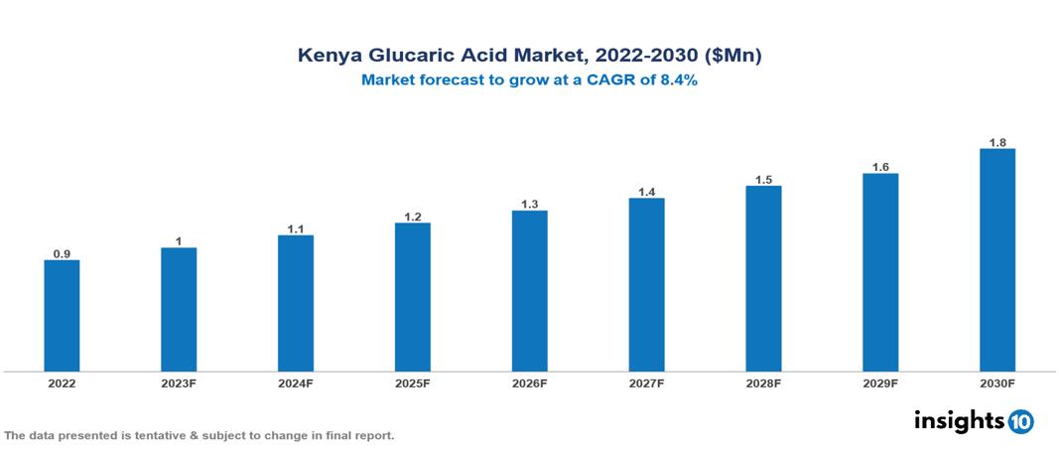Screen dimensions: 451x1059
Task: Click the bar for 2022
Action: [62, 316]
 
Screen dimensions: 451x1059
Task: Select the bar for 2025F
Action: [413, 297]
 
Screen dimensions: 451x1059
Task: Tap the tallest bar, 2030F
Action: [997, 260]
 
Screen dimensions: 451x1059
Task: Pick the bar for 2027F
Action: [646, 285]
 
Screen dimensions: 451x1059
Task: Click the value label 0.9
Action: [62, 254]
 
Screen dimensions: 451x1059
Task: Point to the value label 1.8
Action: [997, 143]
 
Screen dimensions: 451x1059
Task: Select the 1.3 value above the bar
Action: [530, 205]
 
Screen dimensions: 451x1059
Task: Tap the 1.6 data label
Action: [880, 168]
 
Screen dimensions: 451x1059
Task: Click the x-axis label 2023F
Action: [179, 382]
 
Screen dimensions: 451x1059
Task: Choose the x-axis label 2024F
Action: [296, 382]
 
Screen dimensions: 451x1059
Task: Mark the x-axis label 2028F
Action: [763, 382]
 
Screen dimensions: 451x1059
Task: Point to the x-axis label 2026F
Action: [530, 382]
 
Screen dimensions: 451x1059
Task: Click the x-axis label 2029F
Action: [880, 382]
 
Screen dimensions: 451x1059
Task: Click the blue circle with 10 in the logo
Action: [1020, 421]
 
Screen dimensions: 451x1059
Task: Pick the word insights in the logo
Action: [959, 420]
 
